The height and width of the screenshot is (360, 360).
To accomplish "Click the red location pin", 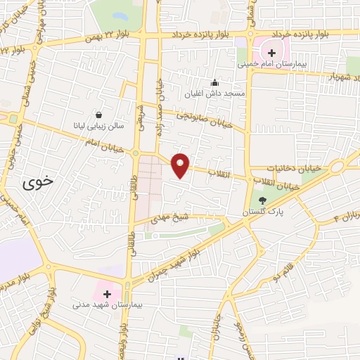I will [x=181, y=165].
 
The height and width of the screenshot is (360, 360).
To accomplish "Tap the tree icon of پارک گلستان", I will [x=262, y=200].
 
